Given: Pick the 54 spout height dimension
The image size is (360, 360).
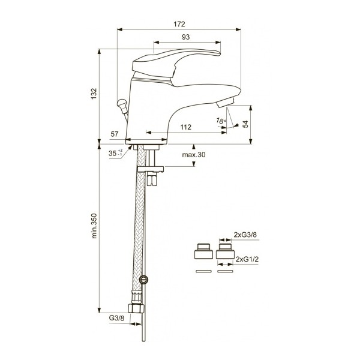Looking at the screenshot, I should click(244, 124).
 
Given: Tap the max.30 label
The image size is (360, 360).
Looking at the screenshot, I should click(194, 155).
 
